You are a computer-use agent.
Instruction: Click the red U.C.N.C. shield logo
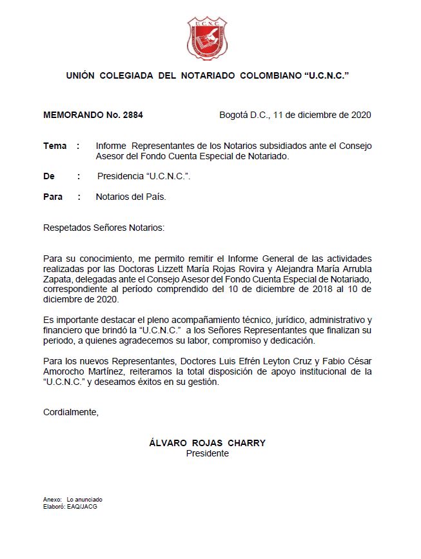coord(207,39)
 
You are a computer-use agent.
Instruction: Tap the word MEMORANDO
coord(70,115)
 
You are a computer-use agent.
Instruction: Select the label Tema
coord(55,146)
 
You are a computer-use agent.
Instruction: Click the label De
coord(49,176)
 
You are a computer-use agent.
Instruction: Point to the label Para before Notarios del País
coord(53,197)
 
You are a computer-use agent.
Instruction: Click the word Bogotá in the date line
coord(234,115)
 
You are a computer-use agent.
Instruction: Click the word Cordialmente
coord(71,412)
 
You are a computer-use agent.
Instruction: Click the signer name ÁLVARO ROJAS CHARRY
coord(207,444)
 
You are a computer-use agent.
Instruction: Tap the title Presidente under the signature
coord(207,453)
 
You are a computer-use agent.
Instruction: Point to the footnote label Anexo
coord(52,500)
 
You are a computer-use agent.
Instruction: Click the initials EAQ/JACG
coord(82,507)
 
